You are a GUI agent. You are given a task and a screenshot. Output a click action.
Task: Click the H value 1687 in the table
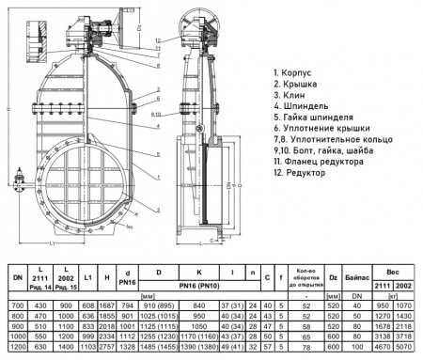click(109, 306)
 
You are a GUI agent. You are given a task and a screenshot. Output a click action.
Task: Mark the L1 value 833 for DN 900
click(89, 326)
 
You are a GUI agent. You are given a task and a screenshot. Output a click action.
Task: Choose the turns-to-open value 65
click(305, 337)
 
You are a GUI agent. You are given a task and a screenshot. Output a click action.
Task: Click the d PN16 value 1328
click(129, 347)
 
